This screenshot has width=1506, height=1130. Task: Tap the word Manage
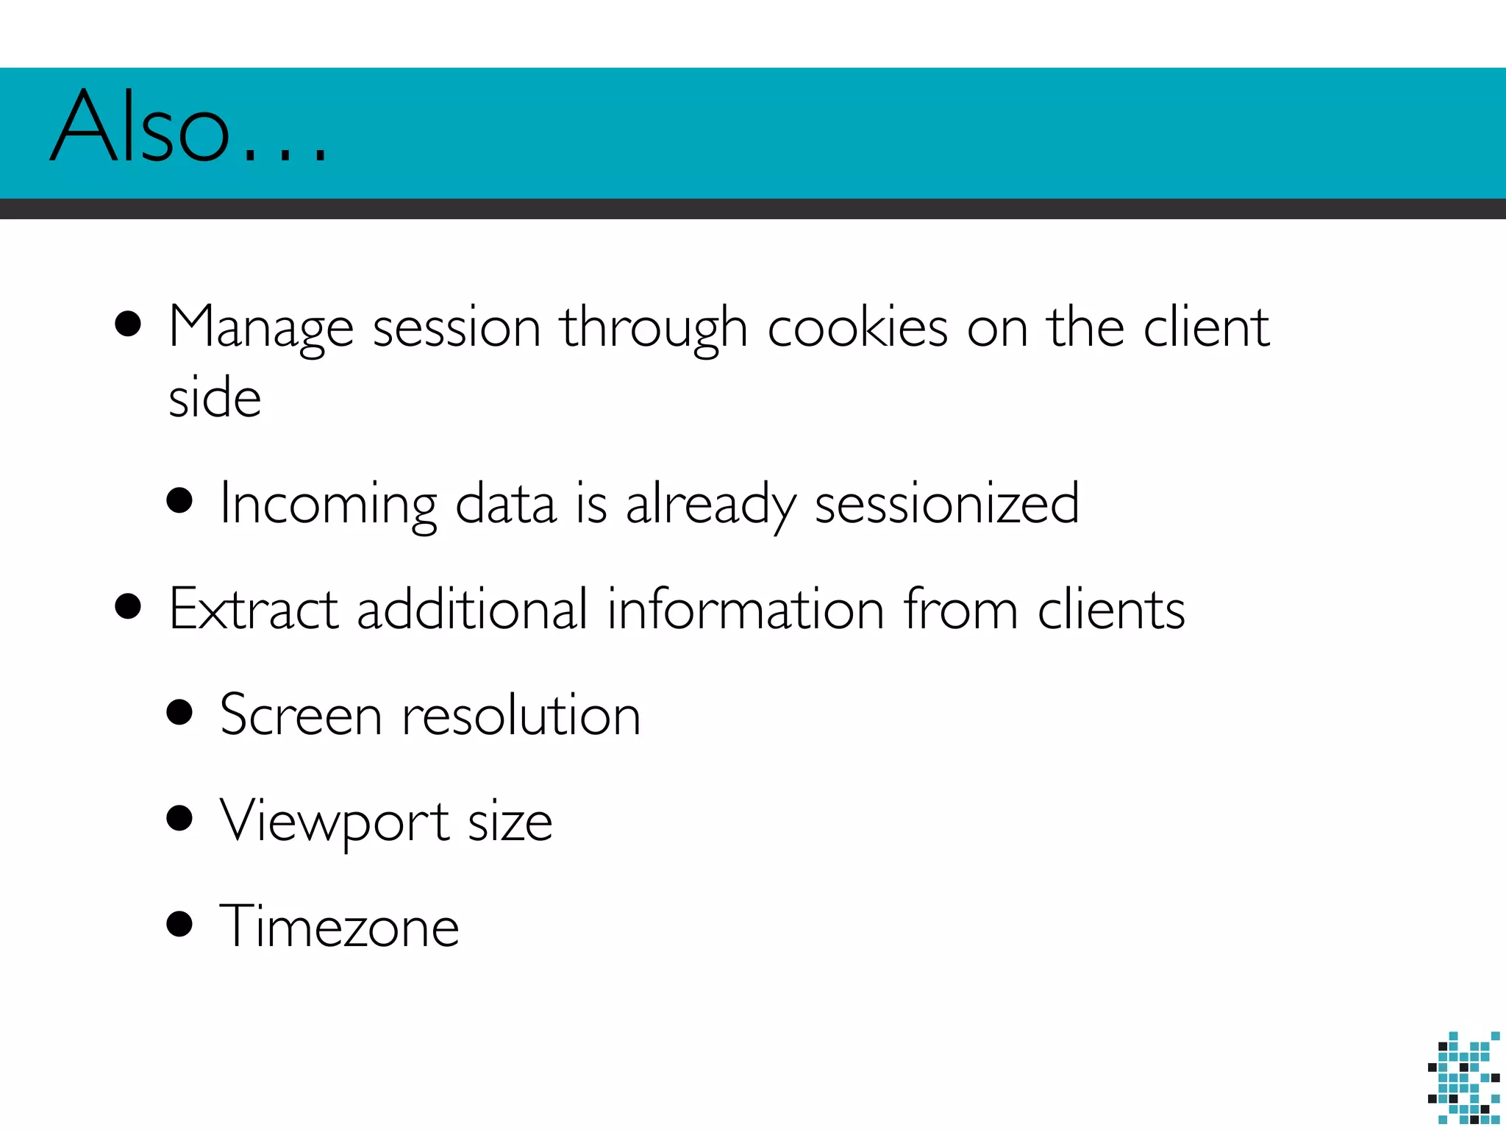(x=261, y=327)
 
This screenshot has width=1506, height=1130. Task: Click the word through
(x=654, y=327)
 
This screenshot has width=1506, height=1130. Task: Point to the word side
(x=215, y=397)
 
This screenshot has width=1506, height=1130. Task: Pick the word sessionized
(x=947, y=505)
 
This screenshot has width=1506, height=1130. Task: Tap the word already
(x=710, y=505)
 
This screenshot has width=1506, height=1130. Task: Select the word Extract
(x=254, y=609)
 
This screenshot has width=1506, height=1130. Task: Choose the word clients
(x=1111, y=609)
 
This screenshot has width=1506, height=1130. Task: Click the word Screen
(x=301, y=715)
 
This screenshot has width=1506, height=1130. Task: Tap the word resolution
(x=521, y=715)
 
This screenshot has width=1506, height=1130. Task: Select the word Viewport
(x=335, y=821)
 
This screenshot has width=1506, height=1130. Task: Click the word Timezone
(x=339, y=926)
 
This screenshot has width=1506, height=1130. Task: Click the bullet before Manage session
(x=128, y=324)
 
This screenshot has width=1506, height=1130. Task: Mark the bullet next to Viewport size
(x=179, y=817)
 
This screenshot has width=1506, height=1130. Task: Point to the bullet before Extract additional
(x=128, y=607)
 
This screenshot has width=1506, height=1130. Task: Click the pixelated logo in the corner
(x=1463, y=1079)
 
